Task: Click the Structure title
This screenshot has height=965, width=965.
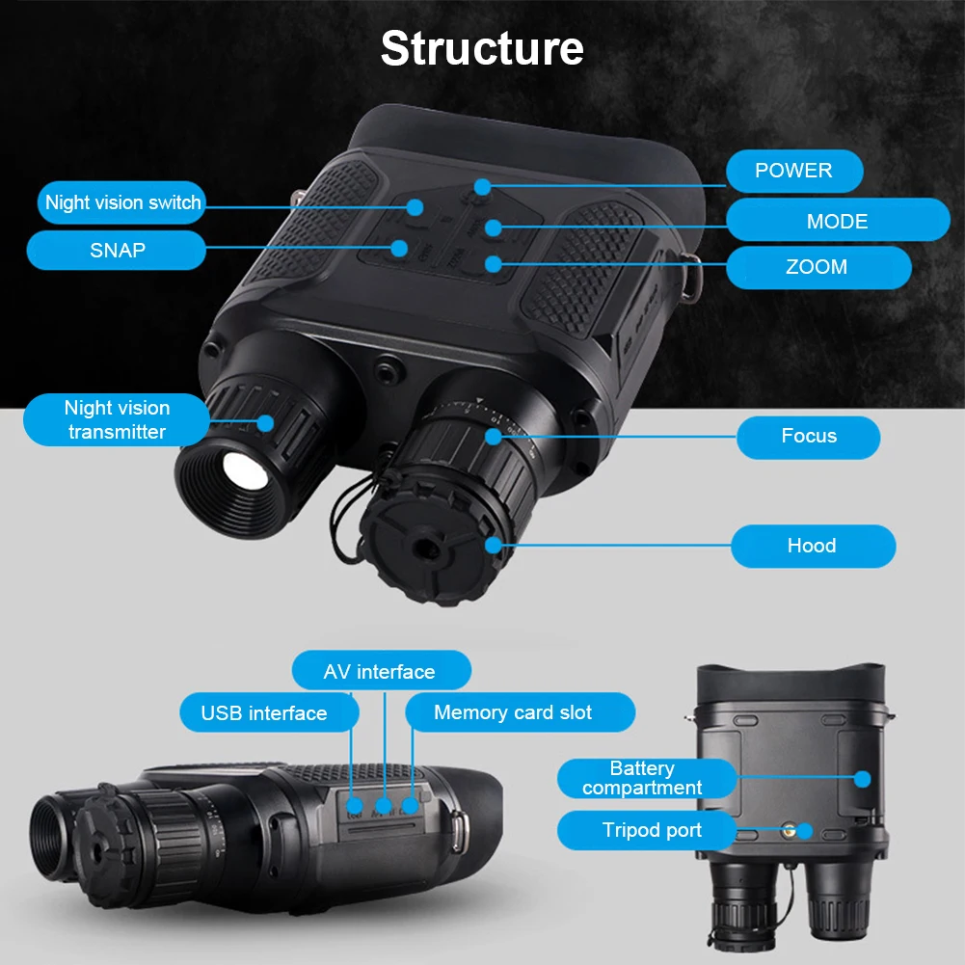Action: (x=482, y=48)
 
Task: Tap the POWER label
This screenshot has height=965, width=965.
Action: (x=793, y=171)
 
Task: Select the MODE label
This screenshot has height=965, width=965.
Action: (x=837, y=221)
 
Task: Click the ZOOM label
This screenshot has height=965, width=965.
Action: (x=817, y=267)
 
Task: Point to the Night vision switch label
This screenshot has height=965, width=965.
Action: (x=123, y=202)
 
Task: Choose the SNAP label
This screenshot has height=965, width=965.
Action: (x=118, y=251)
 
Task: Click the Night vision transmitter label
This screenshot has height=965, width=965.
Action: (x=117, y=419)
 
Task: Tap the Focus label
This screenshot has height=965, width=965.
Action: (x=809, y=437)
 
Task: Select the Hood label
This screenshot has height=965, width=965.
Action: (x=812, y=546)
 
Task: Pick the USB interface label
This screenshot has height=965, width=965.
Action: (x=264, y=713)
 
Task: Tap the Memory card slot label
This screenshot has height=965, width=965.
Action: (x=513, y=712)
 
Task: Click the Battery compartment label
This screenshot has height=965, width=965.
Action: (x=642, y=778)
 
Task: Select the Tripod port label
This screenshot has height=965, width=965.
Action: (x=652, y=830)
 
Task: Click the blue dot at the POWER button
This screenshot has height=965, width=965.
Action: (x=482, y=186)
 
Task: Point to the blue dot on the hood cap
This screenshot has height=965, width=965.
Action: (x=495, y=546)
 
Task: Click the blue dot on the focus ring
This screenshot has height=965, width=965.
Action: (x=494, y=437)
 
